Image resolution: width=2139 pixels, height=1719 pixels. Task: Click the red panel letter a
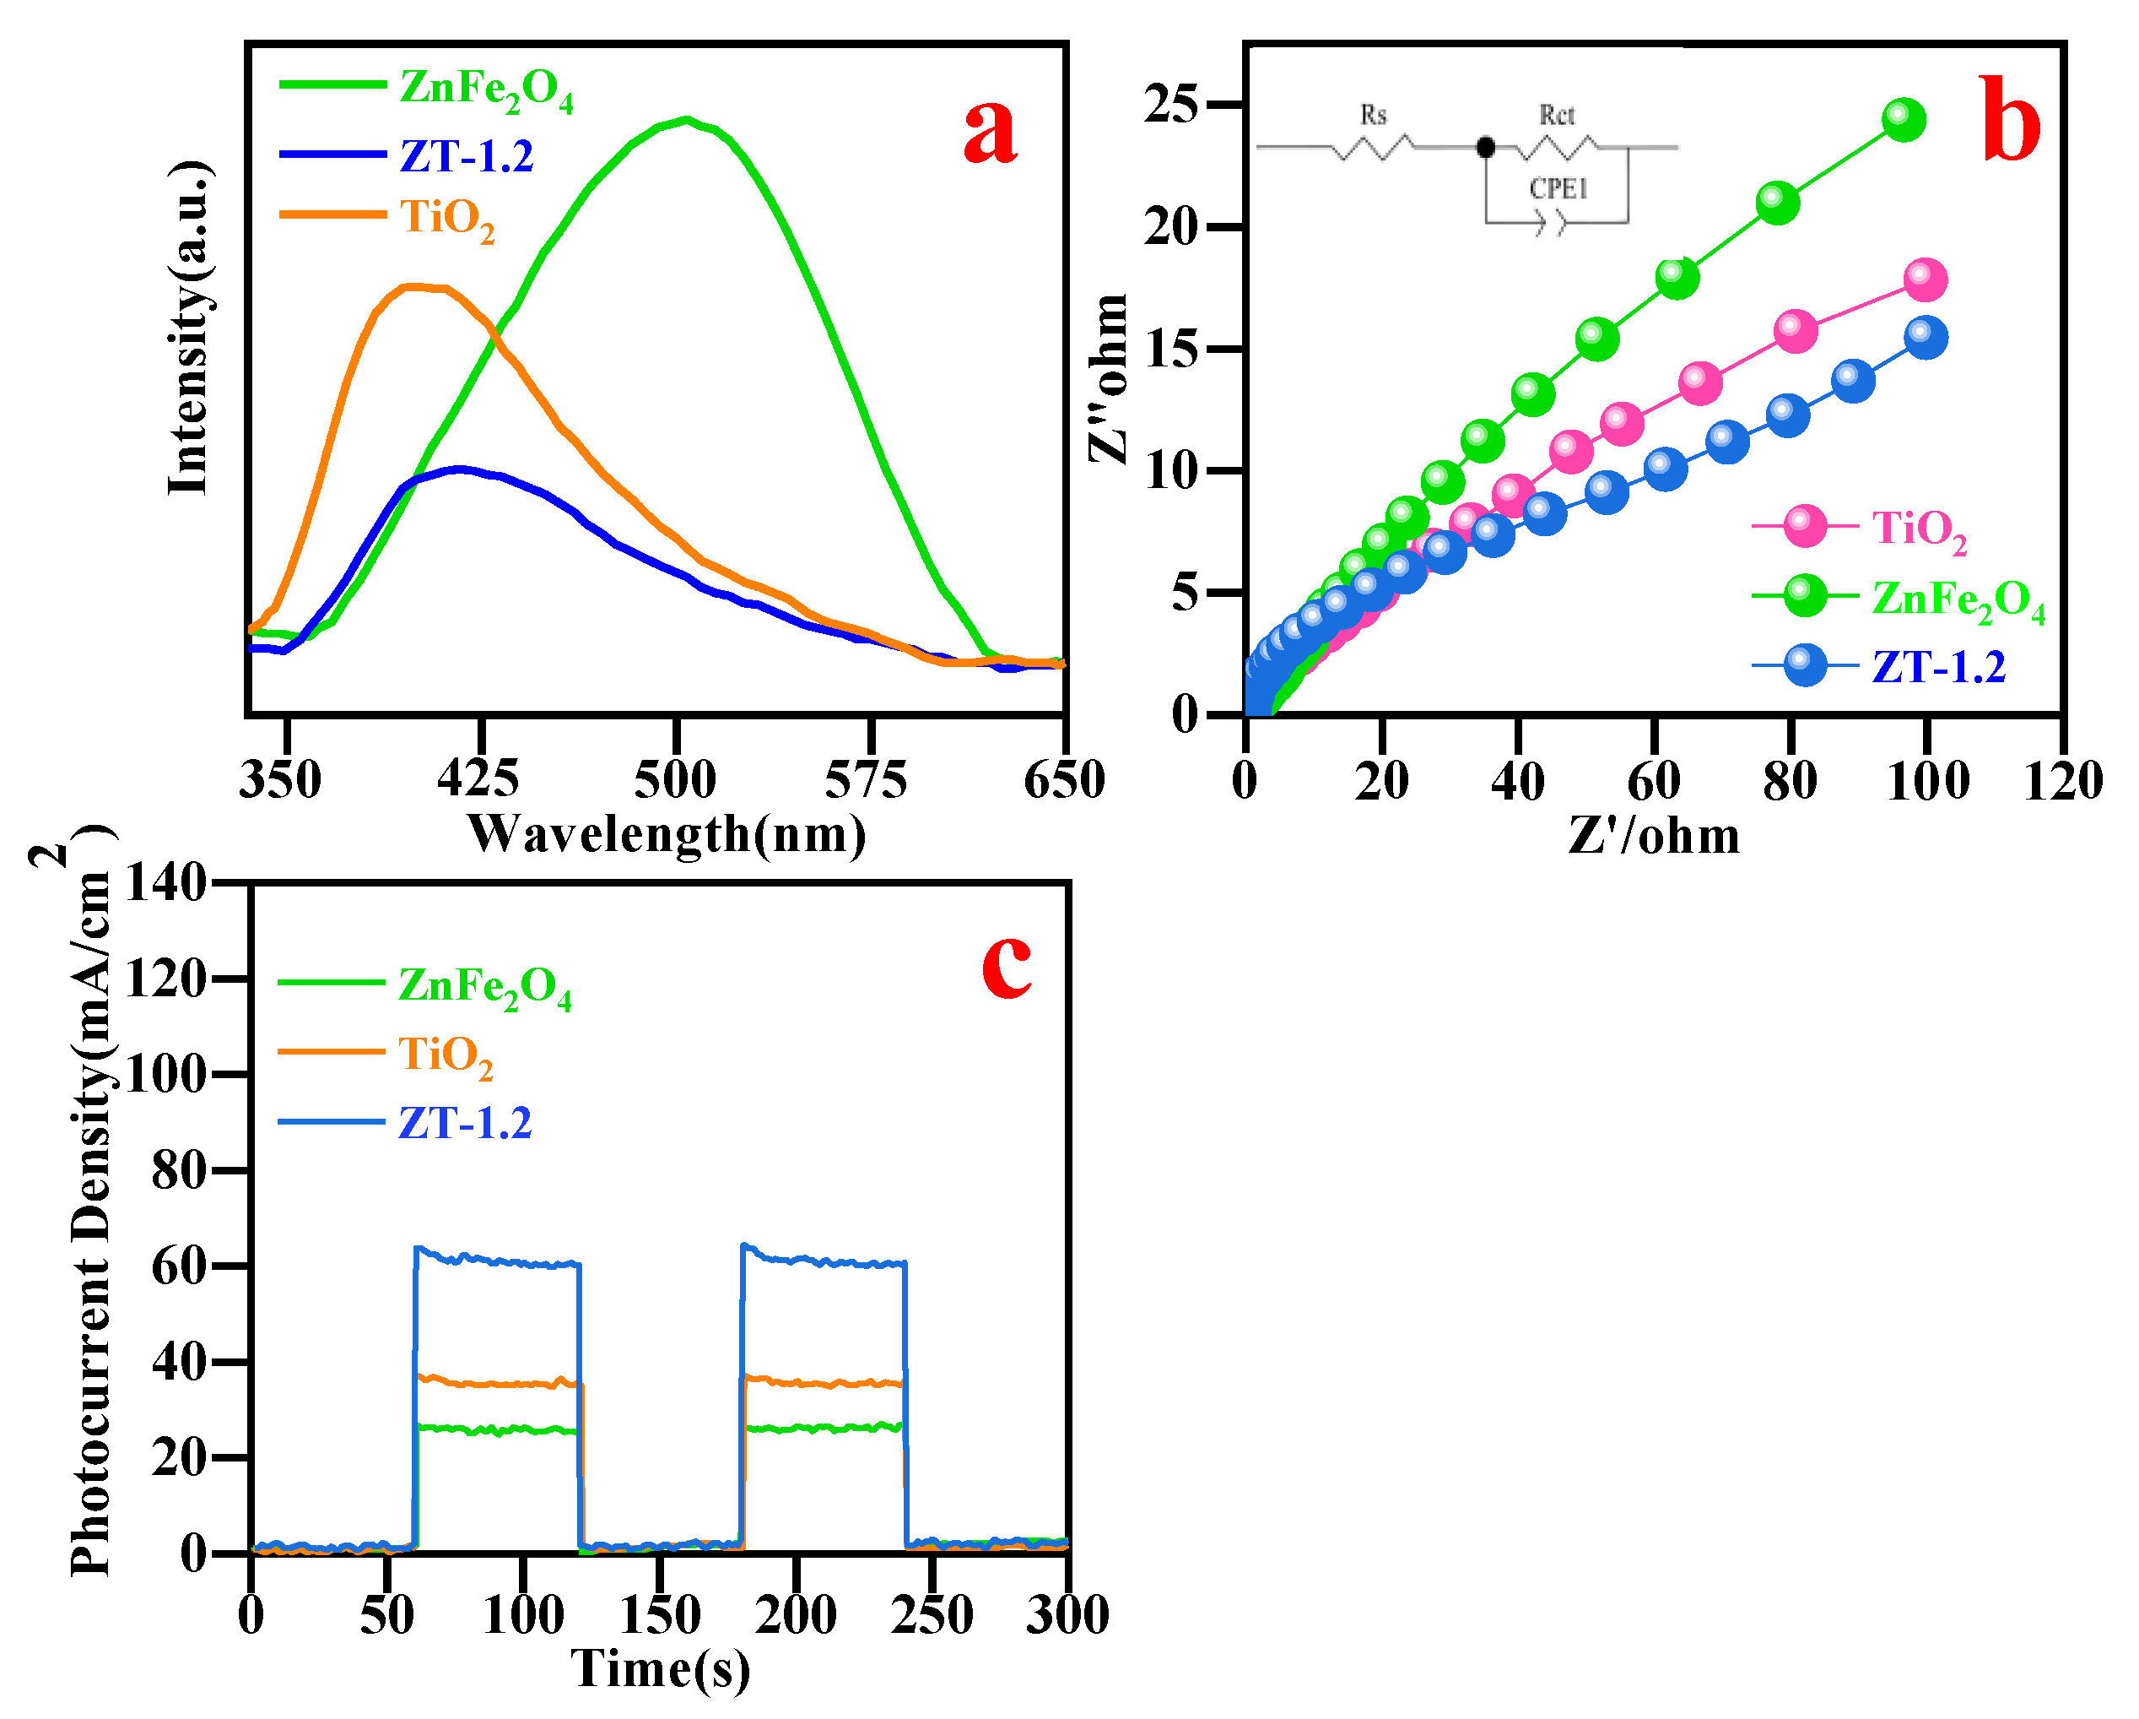[990, 133]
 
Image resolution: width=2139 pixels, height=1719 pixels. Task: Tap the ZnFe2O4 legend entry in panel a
[485, 89]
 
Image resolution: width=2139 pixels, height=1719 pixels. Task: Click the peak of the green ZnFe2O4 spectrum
[687, 120]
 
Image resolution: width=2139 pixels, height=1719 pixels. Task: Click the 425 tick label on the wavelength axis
[478, 780]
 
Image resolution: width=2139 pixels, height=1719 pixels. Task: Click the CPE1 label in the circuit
[1558, 188]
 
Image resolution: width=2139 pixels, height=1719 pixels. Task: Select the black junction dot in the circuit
[1485, 148]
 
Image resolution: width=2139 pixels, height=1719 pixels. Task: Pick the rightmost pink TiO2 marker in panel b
[1926, 279]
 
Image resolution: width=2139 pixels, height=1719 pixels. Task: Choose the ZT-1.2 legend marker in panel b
[1805, 666]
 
